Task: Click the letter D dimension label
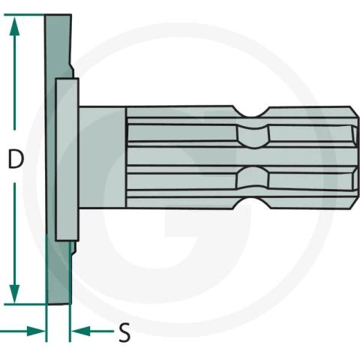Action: [x=16, y=159]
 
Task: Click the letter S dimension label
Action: [x=124, y=332]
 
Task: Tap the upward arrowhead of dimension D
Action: [x=14, y=26]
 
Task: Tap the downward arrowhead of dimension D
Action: [x=14, y=293]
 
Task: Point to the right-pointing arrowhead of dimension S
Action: [x=36, y=331]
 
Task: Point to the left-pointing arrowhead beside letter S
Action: [x=80, y=331]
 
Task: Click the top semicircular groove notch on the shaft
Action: [x=251, y=112]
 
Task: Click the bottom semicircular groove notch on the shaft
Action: [x=252, y=203]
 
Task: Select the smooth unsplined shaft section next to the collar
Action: [x=103, y=157]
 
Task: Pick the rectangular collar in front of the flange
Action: [x=67, y=160]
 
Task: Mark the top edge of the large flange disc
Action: [x=58, y=15]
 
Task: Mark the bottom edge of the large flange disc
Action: [x=58, y=304]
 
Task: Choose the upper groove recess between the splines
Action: [x=253, y=137]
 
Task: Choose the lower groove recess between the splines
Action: [x=253, y=178]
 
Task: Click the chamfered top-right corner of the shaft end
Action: [x=355, y=111]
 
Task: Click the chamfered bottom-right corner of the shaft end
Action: [x=355, y=203]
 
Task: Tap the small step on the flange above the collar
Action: [x=71, y=70]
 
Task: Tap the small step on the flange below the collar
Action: [x=73, y=248]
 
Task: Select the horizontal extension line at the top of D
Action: [x=24, y=15]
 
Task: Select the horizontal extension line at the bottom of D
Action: [x=25, y=304]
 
